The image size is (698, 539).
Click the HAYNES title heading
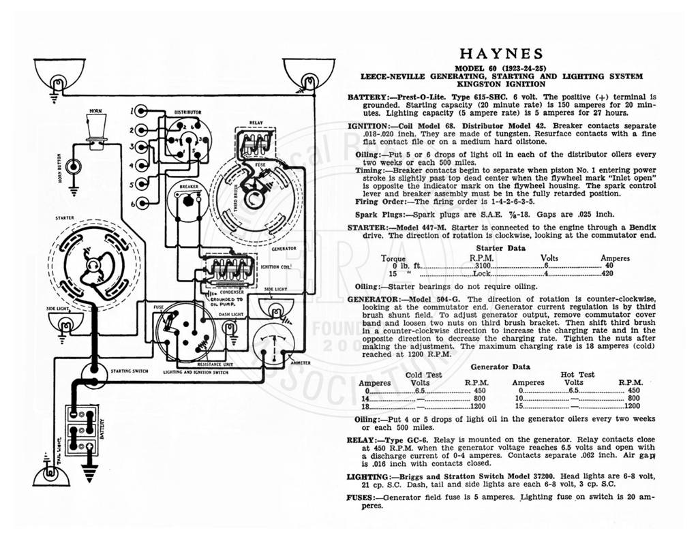[x=501, y=54]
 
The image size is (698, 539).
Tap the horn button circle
[x=74, y=167]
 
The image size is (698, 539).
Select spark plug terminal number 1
[x=142, y=111]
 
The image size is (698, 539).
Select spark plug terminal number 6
[x=142, y=204]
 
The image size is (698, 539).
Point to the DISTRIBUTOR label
[x=187, y=112]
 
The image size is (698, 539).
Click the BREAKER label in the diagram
[x=189, y=187]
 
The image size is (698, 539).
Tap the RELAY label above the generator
[x=256, y=123]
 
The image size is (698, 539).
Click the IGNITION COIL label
[x=276, y=266]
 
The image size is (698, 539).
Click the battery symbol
[x=82, y=430]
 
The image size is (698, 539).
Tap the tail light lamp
[x=51, y=474]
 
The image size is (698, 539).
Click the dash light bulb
[x=230, y=329]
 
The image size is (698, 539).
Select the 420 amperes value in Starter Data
[x=607, y=273]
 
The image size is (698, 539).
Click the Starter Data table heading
[x=500, y=248]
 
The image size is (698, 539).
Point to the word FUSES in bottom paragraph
[x=360, y=497]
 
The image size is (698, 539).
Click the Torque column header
[x=393, y=258]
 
